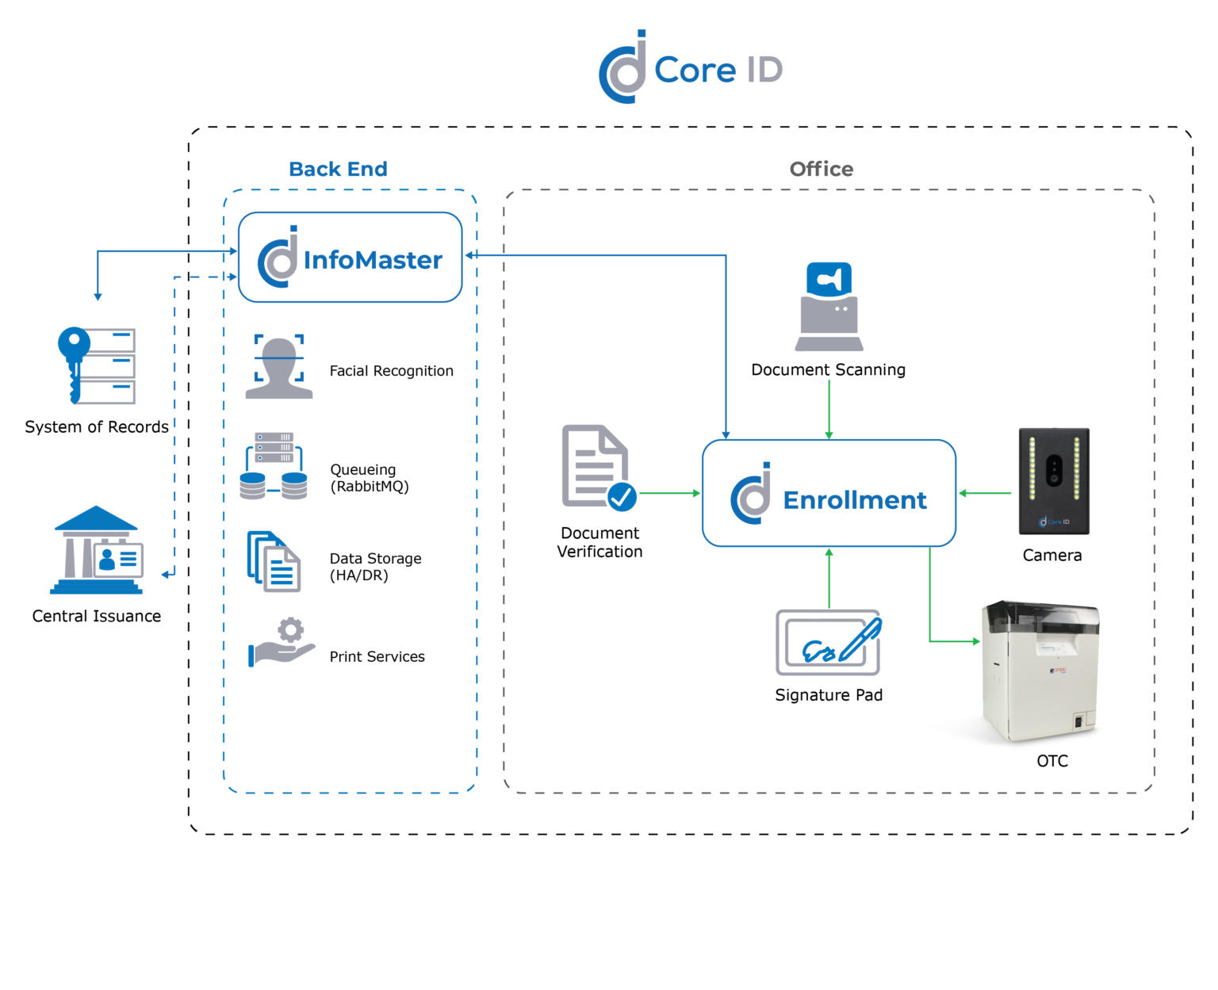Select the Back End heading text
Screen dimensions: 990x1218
[338, 169]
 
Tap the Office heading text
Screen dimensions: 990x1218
[821, 169]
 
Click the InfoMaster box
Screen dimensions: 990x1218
[350, 258]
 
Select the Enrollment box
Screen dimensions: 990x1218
[829, 493]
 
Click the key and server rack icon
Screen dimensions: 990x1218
[97, 365]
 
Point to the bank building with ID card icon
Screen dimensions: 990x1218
[97, 550]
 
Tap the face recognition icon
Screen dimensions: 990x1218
[279, 367]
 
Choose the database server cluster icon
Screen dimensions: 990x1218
[274, 466]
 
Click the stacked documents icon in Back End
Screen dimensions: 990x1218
[274, 561]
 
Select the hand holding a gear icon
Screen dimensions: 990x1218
[282, 642]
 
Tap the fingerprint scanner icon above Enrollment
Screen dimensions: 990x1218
[829, 307]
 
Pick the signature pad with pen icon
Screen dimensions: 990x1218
[829, 642]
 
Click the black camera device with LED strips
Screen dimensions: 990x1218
[1054, 481]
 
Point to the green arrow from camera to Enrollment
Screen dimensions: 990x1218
[985, 493]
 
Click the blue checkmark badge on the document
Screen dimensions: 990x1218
[622, 497]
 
